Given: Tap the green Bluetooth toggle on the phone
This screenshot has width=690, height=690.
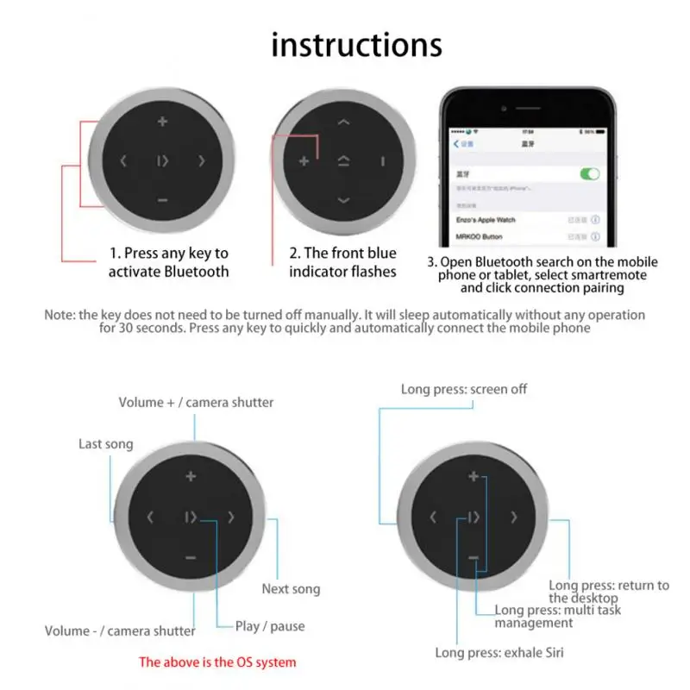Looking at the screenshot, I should point(590,173).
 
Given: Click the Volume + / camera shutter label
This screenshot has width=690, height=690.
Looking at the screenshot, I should point(196,402).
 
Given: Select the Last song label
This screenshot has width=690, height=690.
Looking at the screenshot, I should point(105,443).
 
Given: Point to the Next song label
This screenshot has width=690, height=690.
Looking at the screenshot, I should point(291,589).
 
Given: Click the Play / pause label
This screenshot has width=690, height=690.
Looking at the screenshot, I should point(269,626).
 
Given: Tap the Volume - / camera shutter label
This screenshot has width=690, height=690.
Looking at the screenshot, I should point(121,630).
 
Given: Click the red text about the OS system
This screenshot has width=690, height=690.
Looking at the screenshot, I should point(217,662).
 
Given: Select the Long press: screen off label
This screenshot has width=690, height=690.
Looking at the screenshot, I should point(463,389).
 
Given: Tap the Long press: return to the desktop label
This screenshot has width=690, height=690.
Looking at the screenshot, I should point(608,591).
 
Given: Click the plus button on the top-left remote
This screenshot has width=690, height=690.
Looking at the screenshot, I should point(162,121).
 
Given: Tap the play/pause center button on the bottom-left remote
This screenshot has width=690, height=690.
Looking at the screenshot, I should point(191,517).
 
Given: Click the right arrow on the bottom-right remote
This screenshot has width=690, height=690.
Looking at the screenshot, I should point(514,517).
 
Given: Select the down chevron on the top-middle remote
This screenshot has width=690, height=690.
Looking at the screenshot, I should point(343,200).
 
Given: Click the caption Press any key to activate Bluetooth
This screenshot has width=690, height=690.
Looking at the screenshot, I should point(169,262).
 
